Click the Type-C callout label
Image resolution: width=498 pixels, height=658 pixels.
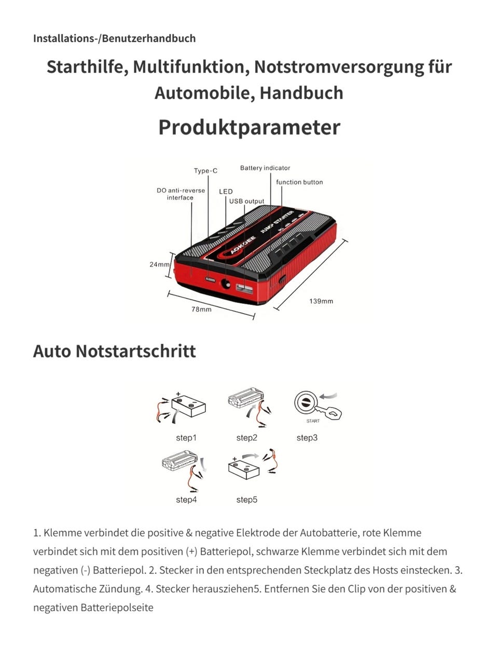[205, 171]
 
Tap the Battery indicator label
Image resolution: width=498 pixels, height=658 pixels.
[265, 168]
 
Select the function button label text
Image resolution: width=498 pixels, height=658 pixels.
[299, 182]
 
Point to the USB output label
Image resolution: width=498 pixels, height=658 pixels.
[246, 201]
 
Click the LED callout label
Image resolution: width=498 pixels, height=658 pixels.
[226, 191]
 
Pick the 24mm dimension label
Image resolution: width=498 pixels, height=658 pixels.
[159, 264]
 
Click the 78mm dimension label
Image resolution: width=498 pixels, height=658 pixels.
[201, 310]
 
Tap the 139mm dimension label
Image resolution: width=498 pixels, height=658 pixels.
[321, 301]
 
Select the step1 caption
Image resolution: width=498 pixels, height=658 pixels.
[186, 438]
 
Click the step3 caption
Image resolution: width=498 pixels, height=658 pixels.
[307, 438]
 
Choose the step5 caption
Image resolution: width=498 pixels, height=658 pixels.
[246, 500]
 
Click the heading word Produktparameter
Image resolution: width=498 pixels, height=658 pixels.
[249, 127]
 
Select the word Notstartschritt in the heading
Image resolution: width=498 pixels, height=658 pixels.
[135, 351]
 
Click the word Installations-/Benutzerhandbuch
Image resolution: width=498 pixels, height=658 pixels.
[114, 38]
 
